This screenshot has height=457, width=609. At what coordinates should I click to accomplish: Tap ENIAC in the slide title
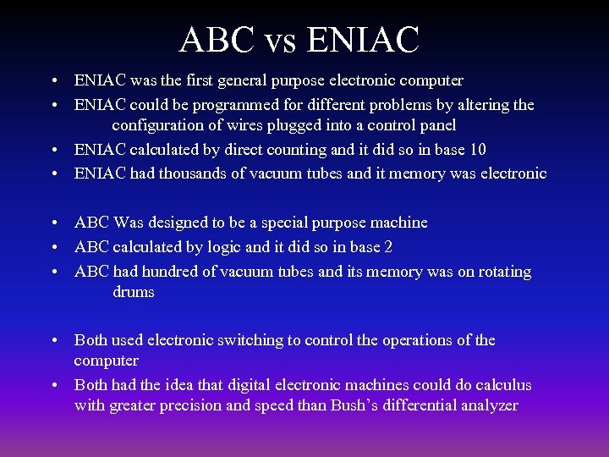tap(364, 39)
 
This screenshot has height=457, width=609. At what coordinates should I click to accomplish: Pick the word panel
tap(436, 125)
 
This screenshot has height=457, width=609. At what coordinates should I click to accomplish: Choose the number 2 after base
tap(387, 247)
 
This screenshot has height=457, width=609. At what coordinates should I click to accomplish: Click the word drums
tap(133, 292)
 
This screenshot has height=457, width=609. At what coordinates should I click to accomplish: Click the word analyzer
tap(485, 405)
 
